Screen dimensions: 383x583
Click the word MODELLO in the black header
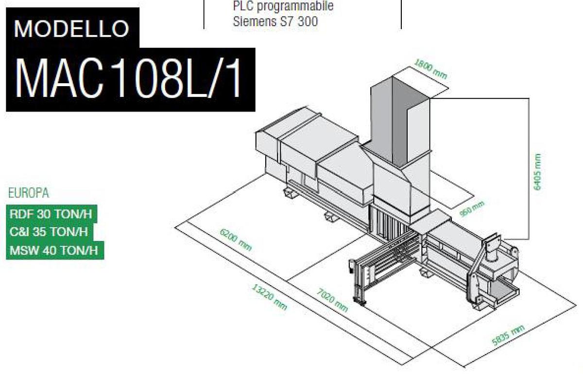[x=71, y=29]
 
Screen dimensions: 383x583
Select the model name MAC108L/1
[x=129, y=79]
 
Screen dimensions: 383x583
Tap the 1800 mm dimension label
[x=430, y=69]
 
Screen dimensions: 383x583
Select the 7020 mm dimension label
[x=332, y=300]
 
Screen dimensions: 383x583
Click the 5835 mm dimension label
[x=508, y=335]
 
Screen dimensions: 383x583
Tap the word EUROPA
[x=29, y=193]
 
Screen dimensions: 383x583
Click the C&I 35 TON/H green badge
[x=49, y=232]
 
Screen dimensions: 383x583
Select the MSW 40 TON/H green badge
[x=54, y=250]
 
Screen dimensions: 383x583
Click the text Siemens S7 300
[x=275, y=21]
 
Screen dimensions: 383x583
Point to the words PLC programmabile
[x=283, y=7]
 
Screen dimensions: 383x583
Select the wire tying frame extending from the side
[x=379, y=273]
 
